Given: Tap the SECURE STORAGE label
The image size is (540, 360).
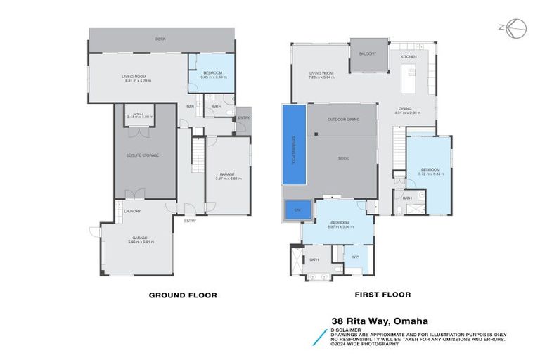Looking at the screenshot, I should click(x=142, y=155).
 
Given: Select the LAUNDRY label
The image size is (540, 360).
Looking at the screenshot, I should click(x=132, y=211).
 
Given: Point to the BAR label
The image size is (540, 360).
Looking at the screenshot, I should click(x=190, y=106).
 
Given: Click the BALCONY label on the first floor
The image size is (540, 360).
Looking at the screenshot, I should click(x=368, y=54).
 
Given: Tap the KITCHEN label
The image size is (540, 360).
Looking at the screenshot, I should click(x=409, y=56).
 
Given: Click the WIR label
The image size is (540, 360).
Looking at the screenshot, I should click(x=355, y=257).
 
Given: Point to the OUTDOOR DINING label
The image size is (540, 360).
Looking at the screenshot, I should click(x=343, y=120).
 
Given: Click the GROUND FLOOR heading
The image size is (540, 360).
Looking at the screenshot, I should click(x=182, y=295).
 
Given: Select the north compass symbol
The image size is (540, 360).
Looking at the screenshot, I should click(x=516, y=28).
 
